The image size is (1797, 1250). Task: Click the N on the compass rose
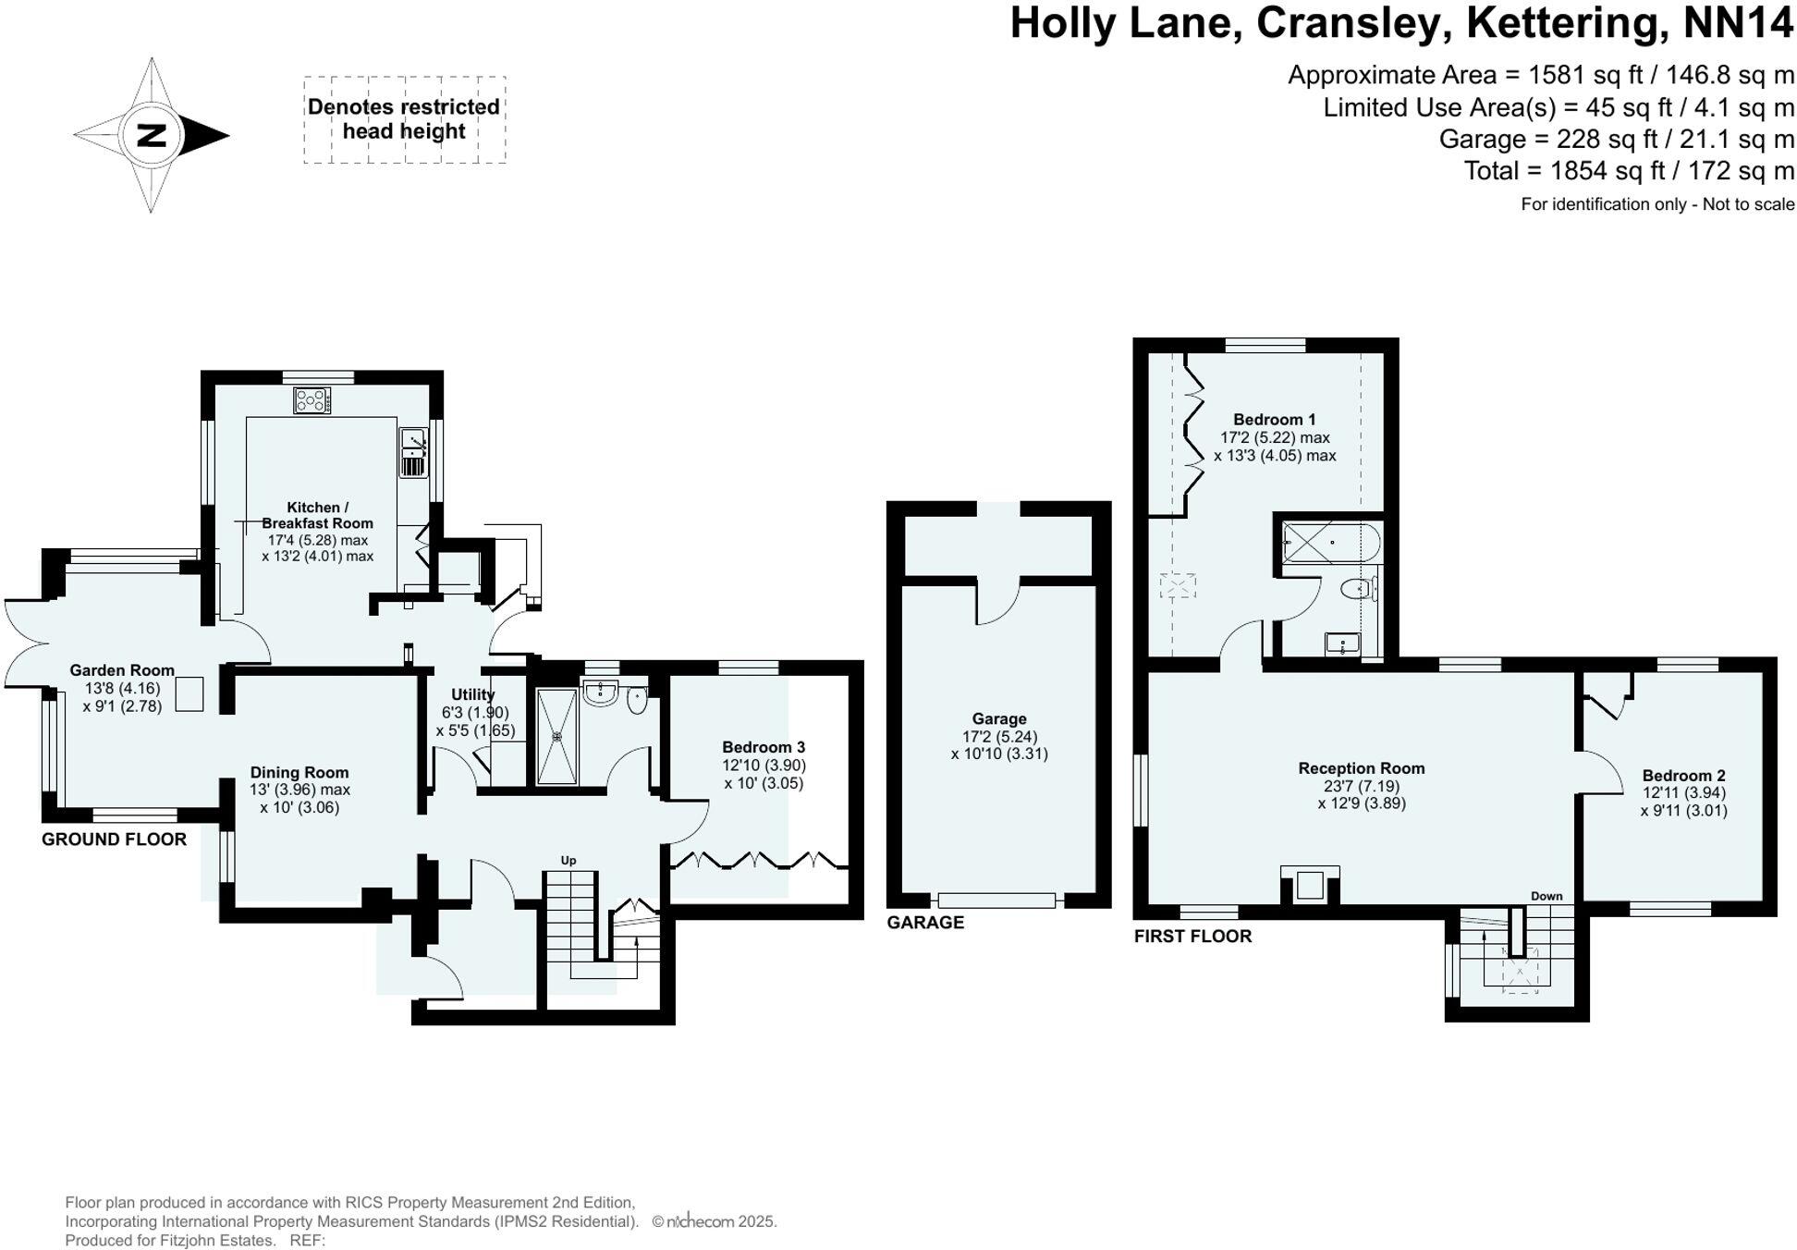point(151,136)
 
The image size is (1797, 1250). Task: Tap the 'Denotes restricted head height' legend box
point(404,120)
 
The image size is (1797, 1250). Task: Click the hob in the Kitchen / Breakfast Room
point(312,400)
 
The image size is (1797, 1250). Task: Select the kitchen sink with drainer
point(412,453)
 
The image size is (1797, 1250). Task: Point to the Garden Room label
point(122,670)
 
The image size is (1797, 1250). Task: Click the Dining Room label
point(299,772)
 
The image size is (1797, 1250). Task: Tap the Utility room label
point(472,694)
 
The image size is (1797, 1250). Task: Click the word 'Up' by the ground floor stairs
point(568,860)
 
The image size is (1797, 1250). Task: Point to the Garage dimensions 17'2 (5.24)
point(999,737)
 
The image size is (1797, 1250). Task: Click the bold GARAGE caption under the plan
point(924,922)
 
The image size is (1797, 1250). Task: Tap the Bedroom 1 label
point(1274,419)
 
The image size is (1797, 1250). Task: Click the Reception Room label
point(1361,768)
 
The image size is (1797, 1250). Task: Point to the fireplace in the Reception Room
point(1309,885)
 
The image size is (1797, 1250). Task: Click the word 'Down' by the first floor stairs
point(1546,896)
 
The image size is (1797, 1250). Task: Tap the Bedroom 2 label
point(1683,776)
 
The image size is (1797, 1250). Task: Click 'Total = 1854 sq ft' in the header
point(1629,171)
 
